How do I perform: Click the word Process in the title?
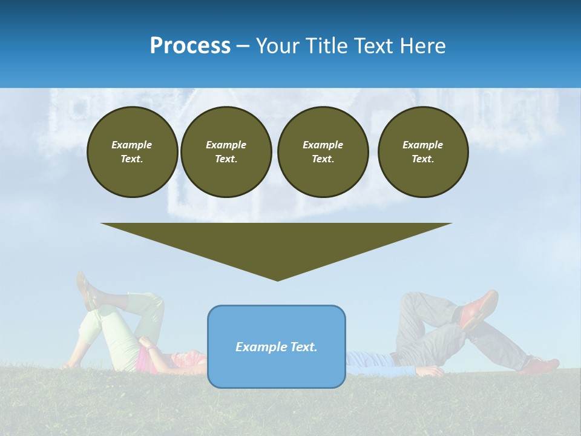tap(190, 46)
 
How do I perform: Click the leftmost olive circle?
tap(132, 151)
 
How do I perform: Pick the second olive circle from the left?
tap(226, 151)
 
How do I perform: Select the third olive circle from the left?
tap(323, 151)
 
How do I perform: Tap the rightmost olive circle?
tap(422, 151)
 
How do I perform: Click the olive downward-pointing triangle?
tap(277, 245)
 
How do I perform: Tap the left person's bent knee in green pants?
tap(151, 300)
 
